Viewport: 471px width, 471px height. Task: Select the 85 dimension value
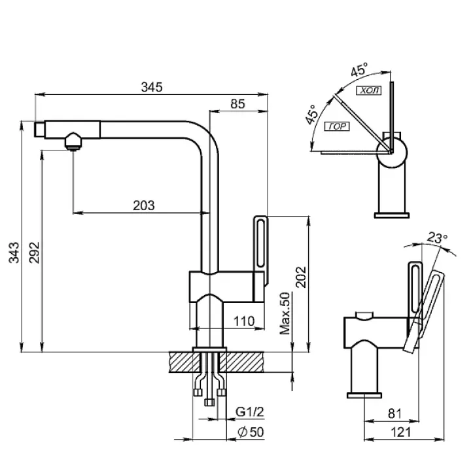(237, 103)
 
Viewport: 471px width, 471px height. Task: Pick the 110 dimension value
(245, 321)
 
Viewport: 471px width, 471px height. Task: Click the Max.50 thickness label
(285, 314)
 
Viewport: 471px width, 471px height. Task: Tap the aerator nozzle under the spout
(73, 141)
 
